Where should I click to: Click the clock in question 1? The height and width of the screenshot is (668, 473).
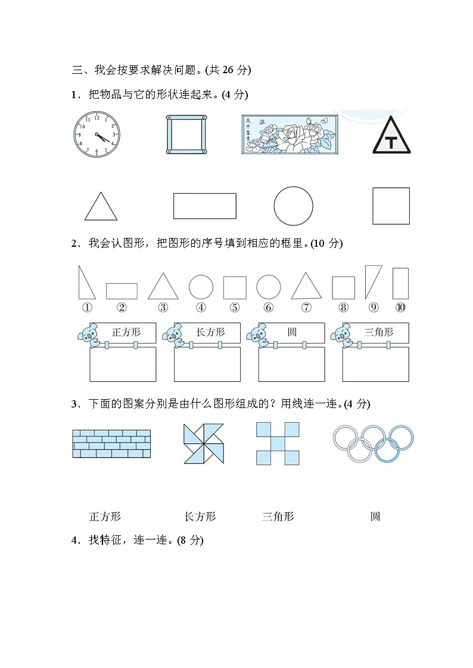(x=97, y=135)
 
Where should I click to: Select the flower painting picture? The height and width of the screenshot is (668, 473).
(x=290, y=134)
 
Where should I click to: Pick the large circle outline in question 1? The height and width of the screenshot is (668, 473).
(x=293, y=206)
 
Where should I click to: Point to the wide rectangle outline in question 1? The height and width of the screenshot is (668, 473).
(x=204, y=206)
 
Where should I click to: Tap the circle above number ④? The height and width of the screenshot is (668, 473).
(x=201, y=287)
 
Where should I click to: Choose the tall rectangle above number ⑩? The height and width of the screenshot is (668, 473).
(x=400, y=283)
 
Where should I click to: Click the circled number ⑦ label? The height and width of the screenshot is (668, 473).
(x=306, y=308)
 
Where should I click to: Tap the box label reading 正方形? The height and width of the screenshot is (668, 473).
(x=126, y=333)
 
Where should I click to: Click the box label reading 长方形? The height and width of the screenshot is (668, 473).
(x=210, y=333)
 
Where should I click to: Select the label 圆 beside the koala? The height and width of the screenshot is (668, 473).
(x=292, y=333)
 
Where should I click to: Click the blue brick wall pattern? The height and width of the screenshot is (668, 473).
(x=111, y=443)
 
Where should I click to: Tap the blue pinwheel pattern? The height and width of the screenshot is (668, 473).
(x=204, y=443)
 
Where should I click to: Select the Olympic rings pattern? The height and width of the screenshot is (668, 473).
(x=373, y=443)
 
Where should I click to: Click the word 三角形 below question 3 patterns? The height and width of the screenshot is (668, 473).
(x=278, y=516)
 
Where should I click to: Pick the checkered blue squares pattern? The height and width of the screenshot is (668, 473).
(x=278, y=443)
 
